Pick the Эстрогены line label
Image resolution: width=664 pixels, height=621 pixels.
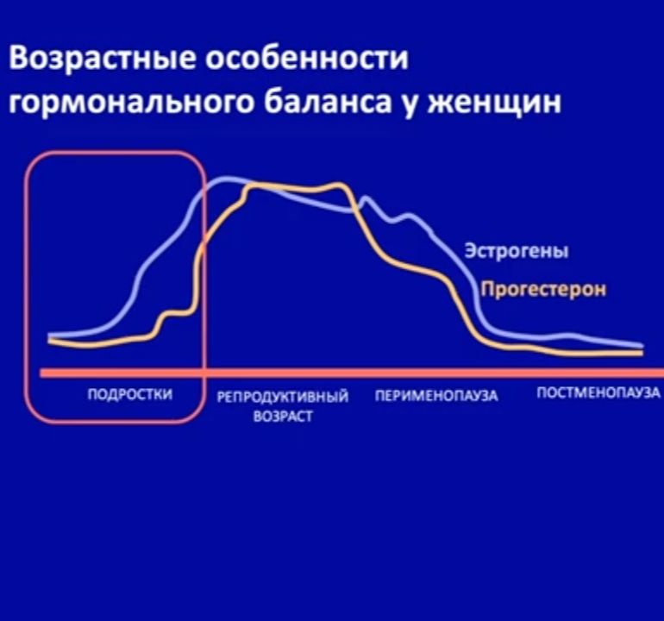point(517,252)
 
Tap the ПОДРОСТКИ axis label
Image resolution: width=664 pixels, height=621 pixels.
point(130,394)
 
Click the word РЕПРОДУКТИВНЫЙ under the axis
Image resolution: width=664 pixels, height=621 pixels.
point(283,398)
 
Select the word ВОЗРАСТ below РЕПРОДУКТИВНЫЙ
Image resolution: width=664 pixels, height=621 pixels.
point(283,417)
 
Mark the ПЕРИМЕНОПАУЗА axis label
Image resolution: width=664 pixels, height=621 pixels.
point(437,397)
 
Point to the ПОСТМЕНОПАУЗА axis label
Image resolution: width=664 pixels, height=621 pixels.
point(592,394)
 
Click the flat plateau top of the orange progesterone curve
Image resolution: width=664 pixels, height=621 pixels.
point(293,187)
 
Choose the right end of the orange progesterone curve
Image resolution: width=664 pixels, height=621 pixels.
point(640,353)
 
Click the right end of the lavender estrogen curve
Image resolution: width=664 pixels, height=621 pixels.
point(640,346)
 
